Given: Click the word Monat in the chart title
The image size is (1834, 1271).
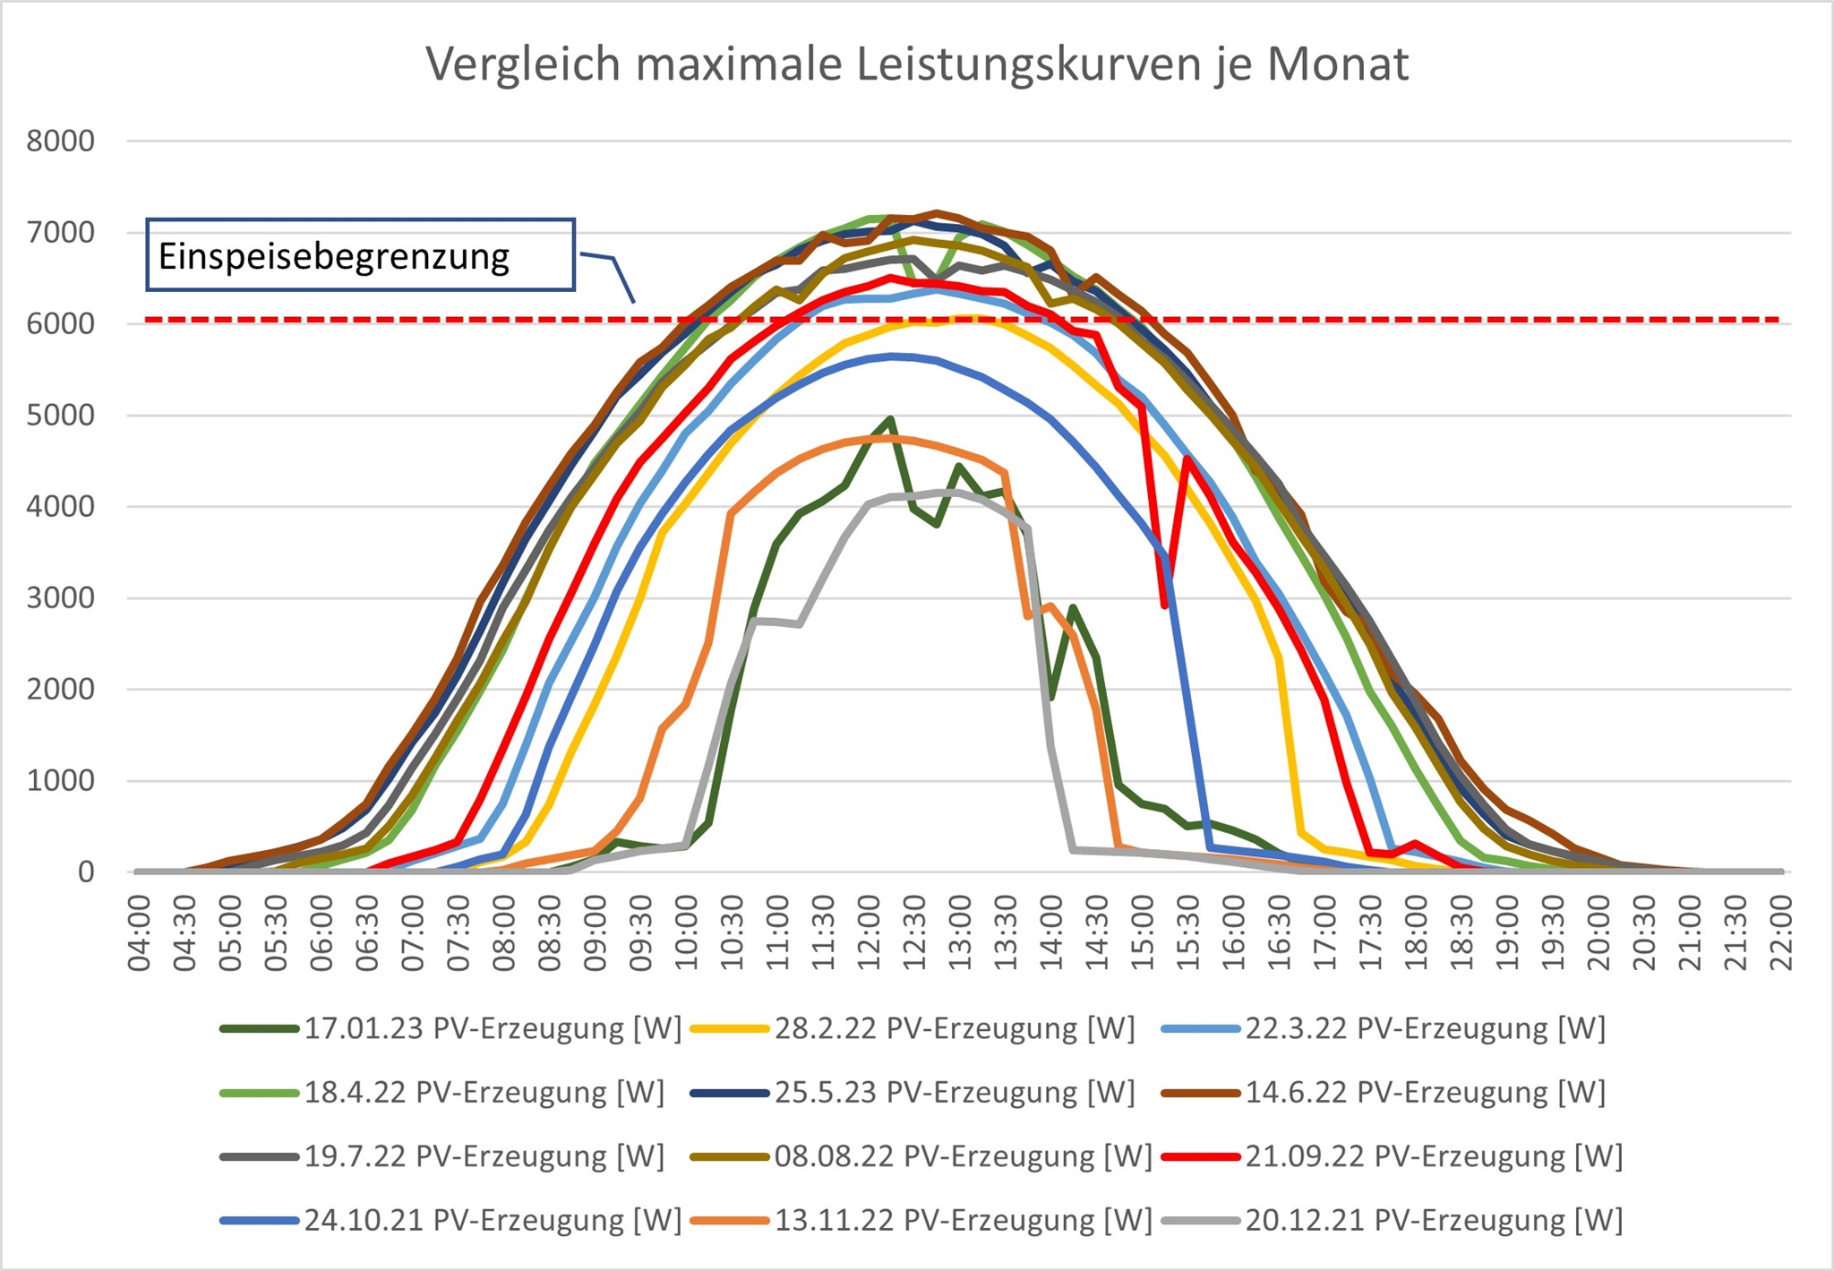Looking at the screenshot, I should pos(1338,64).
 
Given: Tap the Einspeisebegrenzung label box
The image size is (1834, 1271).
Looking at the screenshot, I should pos(360,255).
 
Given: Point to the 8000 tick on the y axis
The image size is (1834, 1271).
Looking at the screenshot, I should pos(60,141).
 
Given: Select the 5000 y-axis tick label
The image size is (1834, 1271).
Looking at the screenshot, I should pos(60,415).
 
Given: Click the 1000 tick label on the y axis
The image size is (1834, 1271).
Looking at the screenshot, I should pos(60,780).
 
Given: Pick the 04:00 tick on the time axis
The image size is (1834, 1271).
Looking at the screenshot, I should pos(140,933).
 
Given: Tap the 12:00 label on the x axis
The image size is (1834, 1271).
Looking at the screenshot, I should pos(870,933).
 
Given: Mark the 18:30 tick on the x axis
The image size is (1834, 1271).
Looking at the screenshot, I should pos(1462,933).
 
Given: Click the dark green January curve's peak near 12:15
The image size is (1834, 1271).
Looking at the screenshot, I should pos(890,418).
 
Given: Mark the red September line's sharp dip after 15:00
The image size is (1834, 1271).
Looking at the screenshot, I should pos(1164,605).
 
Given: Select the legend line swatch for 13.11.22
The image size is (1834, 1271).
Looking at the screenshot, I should pos(729,1220).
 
